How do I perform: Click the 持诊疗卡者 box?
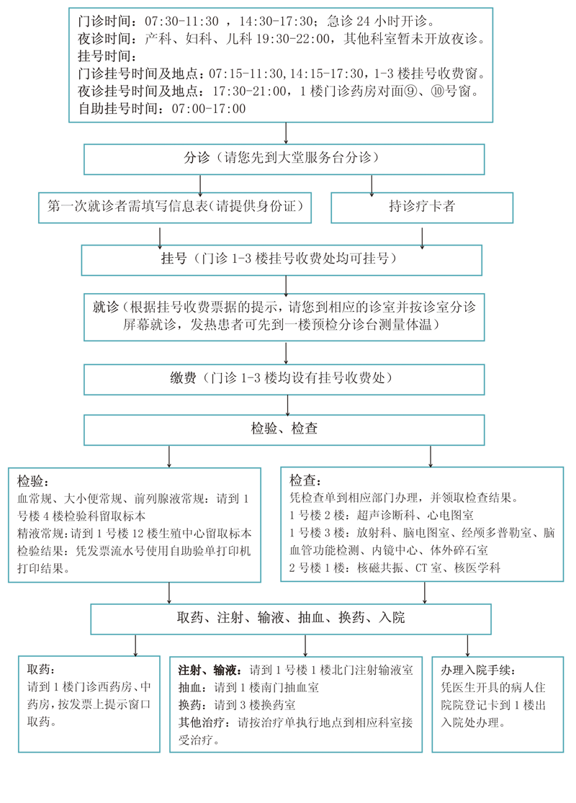click(422, 207)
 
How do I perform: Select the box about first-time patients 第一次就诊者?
click(175, 207)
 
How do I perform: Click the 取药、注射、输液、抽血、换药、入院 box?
click(291, 617)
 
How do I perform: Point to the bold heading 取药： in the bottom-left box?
click(40, 669)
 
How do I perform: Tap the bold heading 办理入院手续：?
click(478, 670)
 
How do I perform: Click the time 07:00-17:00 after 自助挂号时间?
click(209, 109)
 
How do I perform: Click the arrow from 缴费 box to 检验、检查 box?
click(287, 405)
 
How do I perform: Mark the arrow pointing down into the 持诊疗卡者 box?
click(372, 185)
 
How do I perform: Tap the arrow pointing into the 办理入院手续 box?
click(468, 645)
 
